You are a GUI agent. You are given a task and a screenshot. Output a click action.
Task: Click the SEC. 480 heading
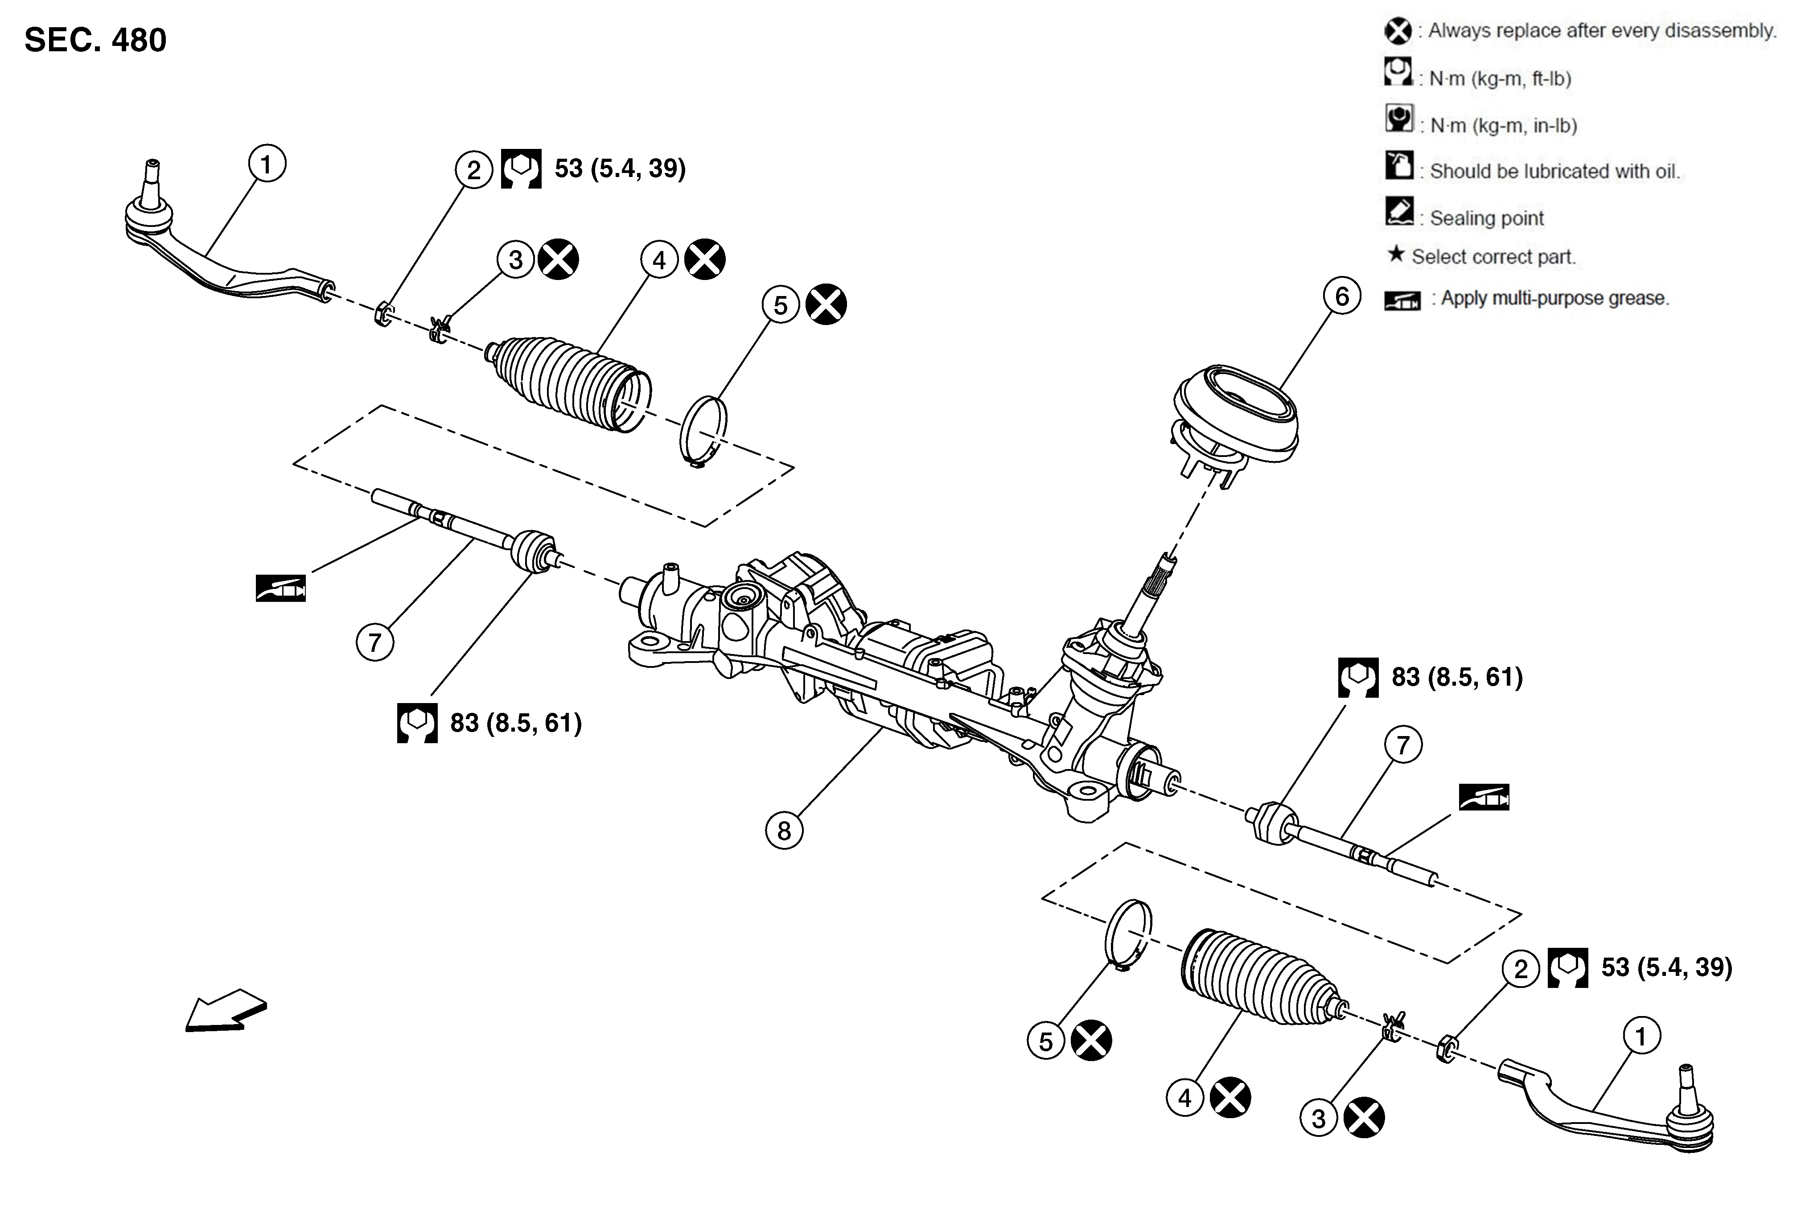95,40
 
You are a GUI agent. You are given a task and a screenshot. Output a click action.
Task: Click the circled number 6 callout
1341,297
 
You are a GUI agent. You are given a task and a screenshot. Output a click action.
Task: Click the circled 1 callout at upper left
267,164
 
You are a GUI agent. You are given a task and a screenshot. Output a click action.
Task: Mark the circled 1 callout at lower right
1641,1036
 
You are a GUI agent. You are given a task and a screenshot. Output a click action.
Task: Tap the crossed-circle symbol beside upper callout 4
704,259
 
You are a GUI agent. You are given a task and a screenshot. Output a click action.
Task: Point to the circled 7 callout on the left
375,642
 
